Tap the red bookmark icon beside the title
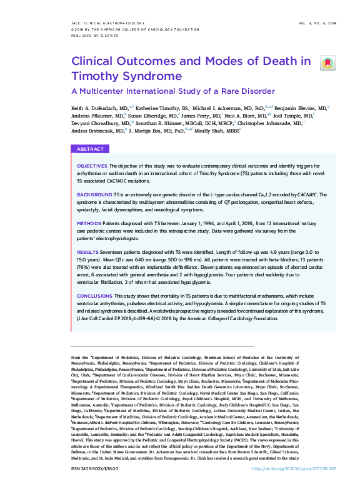coord(327,63)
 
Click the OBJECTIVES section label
coord(92,164)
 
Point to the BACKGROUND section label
coord(94,196)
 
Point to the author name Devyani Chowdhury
coord(94,123)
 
